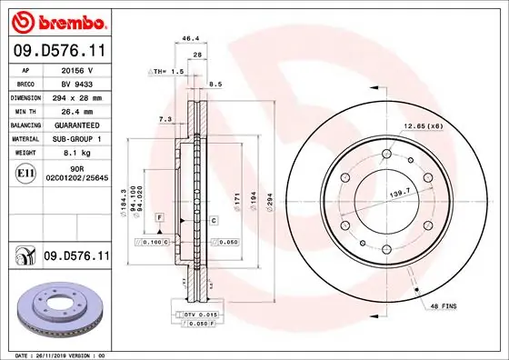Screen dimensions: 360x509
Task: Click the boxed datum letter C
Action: pyautogui.click(x=213, y=220)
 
